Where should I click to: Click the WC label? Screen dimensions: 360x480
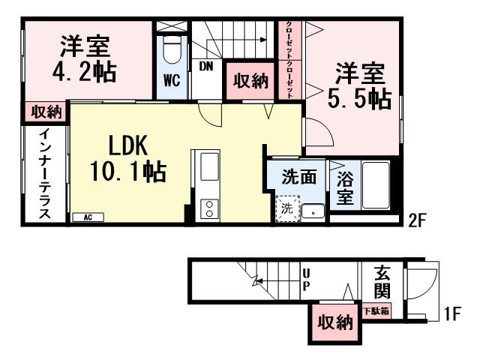170,81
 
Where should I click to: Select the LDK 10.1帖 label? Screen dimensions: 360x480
128,158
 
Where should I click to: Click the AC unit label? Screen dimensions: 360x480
88,217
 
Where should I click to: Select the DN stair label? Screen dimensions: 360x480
206,66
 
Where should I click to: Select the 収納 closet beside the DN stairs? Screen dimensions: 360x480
250,81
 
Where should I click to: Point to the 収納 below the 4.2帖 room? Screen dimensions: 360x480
46,112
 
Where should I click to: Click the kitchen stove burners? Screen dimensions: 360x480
206,208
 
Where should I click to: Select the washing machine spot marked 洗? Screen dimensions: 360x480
286,209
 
